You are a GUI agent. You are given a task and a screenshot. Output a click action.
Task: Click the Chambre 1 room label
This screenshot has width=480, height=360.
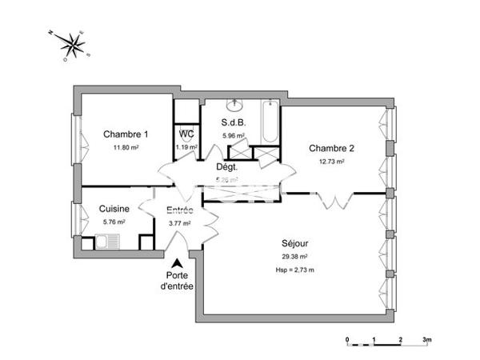[126, 134]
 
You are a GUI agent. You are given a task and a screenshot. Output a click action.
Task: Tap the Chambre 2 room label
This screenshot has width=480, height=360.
[331, 148]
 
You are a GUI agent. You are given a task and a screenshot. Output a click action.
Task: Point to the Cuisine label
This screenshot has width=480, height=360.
[114, 209]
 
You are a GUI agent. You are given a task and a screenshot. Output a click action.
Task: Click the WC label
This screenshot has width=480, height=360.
[186, 134]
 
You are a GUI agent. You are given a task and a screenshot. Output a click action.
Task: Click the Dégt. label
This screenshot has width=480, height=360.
[230, 167]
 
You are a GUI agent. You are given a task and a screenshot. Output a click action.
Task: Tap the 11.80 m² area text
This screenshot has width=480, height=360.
[126, 147]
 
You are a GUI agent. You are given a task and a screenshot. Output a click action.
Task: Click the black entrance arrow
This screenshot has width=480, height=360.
[177, 263]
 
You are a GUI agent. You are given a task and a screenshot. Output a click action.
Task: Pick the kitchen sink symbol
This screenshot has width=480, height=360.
[105, 240]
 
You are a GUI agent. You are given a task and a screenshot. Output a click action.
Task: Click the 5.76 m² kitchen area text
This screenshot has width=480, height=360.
[114, 222]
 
